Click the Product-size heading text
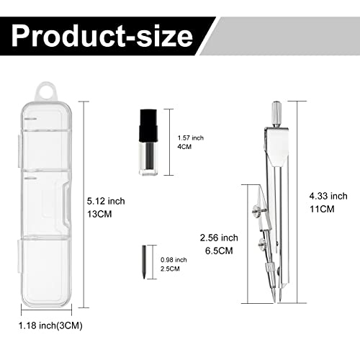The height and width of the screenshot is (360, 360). click(x=102, y=36)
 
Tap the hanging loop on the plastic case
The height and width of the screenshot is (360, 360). click(x=46, y=92)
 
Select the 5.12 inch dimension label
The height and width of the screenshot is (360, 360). click(x=106, y=201)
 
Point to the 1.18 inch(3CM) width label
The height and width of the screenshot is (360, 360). click(x=50, y=325)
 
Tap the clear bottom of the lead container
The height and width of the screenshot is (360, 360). click(x=148, y=158)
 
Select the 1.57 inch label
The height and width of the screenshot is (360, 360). click(x=191, y=138)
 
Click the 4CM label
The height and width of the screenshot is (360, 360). click(x=184, y=147)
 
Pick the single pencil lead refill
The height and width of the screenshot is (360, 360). click(x=144, y=262)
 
